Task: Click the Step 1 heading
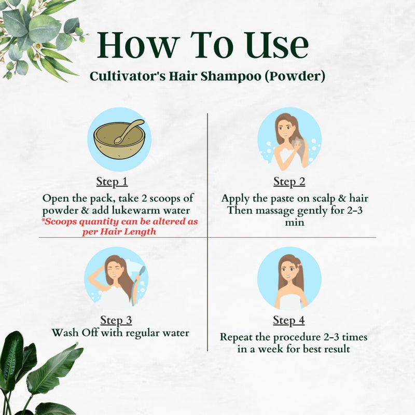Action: pyautogui.click(x=112, y=182)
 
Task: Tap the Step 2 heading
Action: pyautogui.click(x=289, y=182)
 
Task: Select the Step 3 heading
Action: pyautogui.click(x=116, y=320)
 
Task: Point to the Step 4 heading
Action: pyautogui.click(x=289, y=320)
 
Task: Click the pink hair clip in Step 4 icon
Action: pyautogui.click(x=299, y=266)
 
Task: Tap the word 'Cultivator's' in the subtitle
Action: pyautogui.click(x=123, y=77)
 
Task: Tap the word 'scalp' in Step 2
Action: pyautogui.click(x=323, y=199)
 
